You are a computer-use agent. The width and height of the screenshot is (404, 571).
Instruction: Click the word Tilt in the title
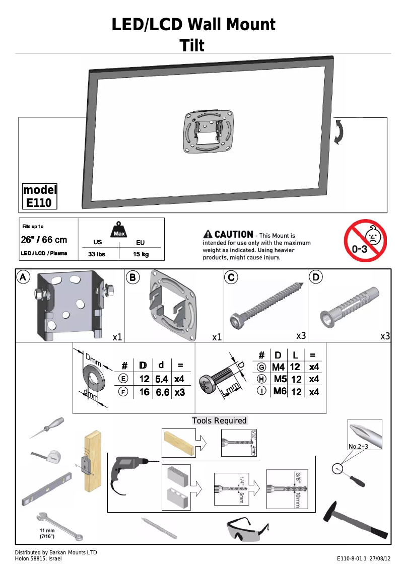coord(192,45)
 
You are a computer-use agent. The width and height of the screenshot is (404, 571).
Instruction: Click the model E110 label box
coord(40,196)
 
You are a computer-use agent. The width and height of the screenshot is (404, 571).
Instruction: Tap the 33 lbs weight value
coord(96,254)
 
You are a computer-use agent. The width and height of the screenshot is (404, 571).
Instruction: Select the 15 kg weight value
coord(141,254)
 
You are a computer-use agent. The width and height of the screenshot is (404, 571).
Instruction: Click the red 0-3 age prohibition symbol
coord(365,241)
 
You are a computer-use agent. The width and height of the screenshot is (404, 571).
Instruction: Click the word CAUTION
coord(233,234)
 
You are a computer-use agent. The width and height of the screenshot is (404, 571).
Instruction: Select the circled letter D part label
coord(316,277)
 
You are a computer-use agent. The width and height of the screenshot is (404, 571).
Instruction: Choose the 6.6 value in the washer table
coord(162,392)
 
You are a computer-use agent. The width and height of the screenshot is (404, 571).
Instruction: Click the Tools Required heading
coord(219,420)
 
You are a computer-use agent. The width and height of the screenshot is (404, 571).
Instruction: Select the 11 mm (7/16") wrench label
coord(47,533)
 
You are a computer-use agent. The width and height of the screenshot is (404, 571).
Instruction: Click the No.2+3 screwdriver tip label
coord(358,446)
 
